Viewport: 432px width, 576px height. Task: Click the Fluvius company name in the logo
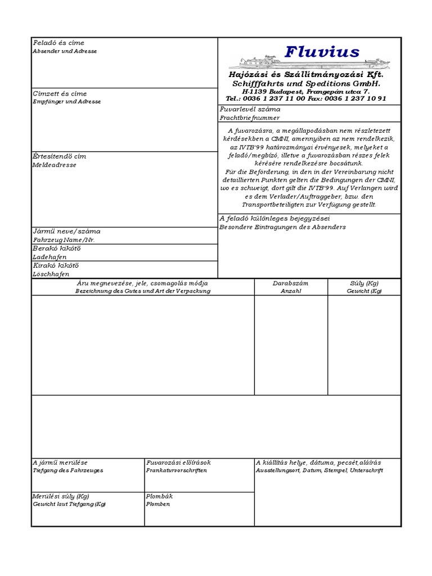coord(322,52)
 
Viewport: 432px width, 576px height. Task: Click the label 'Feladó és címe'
coord(58,43)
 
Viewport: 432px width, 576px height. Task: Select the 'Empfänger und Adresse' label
coord(67,102)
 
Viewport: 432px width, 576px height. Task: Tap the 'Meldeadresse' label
coord(54,165)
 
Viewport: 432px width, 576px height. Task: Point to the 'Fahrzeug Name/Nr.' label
coord(64,240)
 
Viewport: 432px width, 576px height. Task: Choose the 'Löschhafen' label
coord(51,274)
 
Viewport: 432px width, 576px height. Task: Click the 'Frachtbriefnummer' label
coord(249,118)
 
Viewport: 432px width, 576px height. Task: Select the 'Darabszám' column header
coord(291,283)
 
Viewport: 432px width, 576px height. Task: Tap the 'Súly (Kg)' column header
coord(364,283)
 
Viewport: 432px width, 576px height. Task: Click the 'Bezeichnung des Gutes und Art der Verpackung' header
coord(143,291)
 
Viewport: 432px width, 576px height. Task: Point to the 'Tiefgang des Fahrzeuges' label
coord(68,470)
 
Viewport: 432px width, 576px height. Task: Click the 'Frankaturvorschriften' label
coord(176,470)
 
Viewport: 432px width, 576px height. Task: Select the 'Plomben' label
coord(158,505)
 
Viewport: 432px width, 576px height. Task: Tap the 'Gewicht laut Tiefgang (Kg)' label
coord(69,505)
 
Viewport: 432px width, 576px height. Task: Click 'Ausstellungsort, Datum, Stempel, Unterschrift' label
coord(319,470)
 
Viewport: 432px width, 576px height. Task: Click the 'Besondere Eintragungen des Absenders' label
coord(282,227)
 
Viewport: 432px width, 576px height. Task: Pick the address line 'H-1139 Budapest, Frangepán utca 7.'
coord(306,91)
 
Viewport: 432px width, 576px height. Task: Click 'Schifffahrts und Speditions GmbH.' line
coord(306,83)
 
